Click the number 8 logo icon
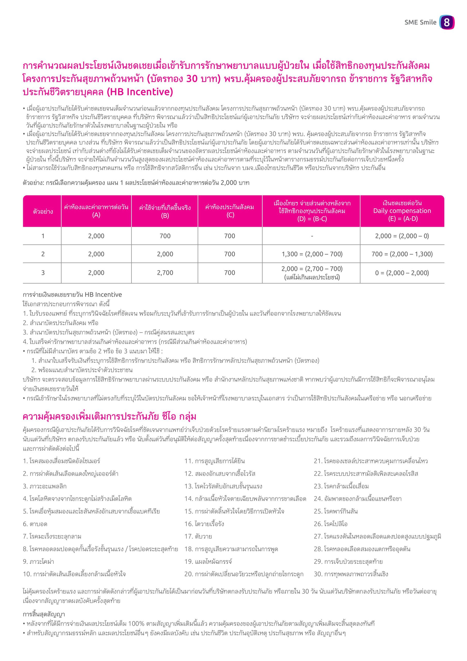click(x=447, y=22)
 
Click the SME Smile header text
click(x=420, y=22)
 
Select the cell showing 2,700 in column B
click(x=165, y=273)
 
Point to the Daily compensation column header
click(x=402, y=211)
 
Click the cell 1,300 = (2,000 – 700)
click(x=312, y=254)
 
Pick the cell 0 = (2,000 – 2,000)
click(x=402, y=273)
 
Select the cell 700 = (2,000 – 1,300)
click(x=402, y=254)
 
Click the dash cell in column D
click(x=312, y=236)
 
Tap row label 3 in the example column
click(x=43, y=273)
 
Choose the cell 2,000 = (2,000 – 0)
click(x=402, y=236)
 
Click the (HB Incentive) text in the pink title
click(x=140, y=92)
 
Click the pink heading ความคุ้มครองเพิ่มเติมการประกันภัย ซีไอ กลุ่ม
click(x=109, y=416)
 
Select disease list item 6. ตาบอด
click(x=35, y=524)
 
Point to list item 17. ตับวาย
click(x=198, y=536)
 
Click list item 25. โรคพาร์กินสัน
click(x=335, y=511)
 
